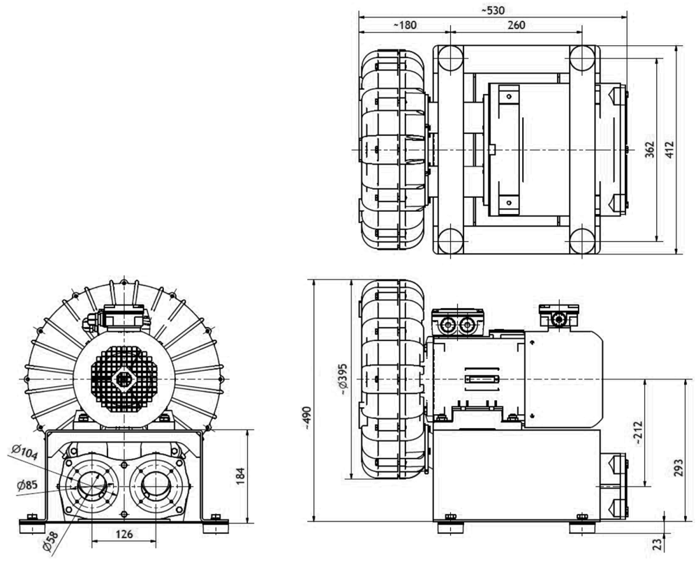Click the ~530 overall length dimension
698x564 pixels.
[493, 10]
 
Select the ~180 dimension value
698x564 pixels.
[405, 25]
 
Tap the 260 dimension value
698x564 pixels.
[517, 25]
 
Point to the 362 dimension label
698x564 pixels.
[651, 150]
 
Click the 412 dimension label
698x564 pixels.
[670, 150]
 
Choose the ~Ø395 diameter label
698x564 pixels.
[342, 379]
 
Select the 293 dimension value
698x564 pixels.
[678, 468]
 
